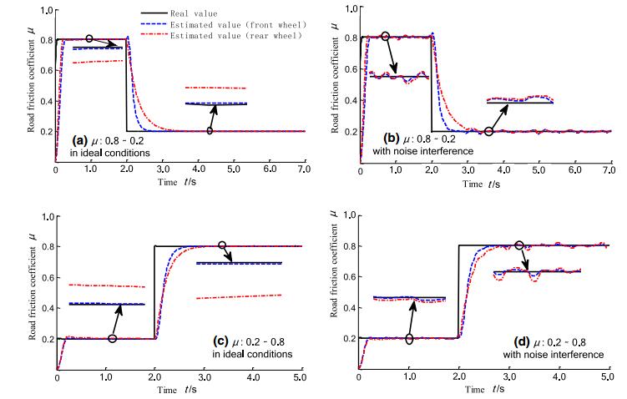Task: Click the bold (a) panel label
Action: point(80,139)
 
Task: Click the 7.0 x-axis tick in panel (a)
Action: point(305,169)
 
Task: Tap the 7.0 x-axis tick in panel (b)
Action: point(609,169)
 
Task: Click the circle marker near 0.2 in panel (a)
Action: point(210,131)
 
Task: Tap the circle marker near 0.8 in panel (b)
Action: point(385,36)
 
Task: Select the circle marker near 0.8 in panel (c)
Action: point(222,245)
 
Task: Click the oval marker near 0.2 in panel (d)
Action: point(408,338)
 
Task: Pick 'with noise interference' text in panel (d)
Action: point(559,355)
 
